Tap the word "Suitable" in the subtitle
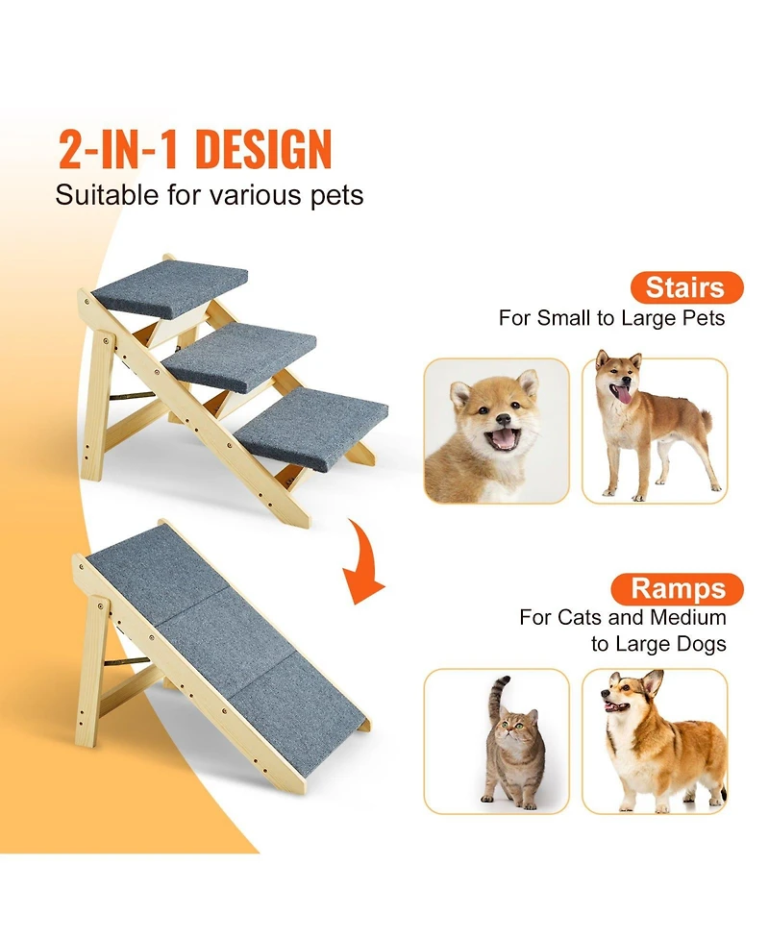coord(101,195)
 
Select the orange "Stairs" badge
coord(685,287)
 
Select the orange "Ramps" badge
coord(685,588)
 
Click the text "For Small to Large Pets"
coord(611,318)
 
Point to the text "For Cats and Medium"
coord(623,617)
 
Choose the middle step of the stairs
coord(239,356)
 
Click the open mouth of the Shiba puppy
coord(504,439)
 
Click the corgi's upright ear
coord(656,684)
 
